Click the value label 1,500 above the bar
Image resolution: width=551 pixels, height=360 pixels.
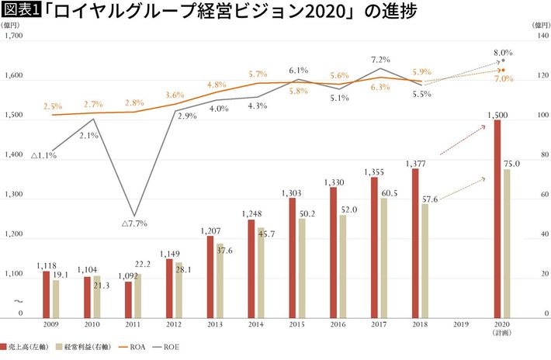coord(497,114)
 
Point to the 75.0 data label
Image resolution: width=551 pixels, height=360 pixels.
coord(511,164)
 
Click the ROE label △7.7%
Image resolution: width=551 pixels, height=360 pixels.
coord(134,223)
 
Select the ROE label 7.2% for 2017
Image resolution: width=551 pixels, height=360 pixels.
coord(380,60)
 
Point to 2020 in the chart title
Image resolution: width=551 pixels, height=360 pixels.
coord(321,12)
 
